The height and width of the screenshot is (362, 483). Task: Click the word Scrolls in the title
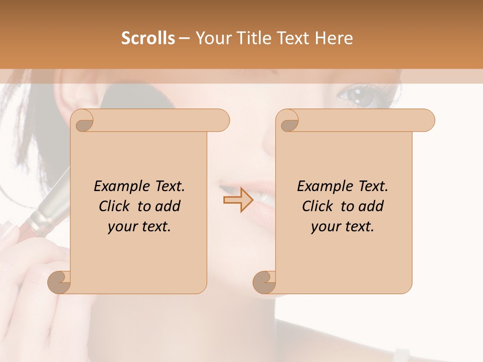tap(148, 38)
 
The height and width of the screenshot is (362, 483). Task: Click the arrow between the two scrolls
tap(238, 200)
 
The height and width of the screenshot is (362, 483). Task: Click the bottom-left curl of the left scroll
tap(59, 282)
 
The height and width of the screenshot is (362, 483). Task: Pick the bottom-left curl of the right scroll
tap(265, 282)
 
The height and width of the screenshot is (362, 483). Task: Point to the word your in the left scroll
tap(122, 227)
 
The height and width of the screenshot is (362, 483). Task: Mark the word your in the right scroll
tap(326, 227)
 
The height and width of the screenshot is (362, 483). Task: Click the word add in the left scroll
tap(168, 206)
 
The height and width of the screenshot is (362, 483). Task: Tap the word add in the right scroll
tap(371, 206)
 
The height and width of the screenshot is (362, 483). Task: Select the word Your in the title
tap(214, 38)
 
